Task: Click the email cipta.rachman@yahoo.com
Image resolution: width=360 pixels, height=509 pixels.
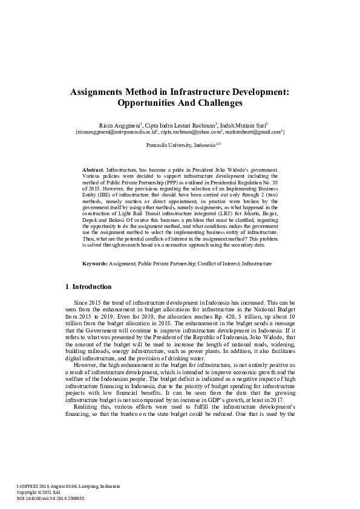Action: coord(192,131)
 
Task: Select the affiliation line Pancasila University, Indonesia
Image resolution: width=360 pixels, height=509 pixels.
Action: coord(178,146)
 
